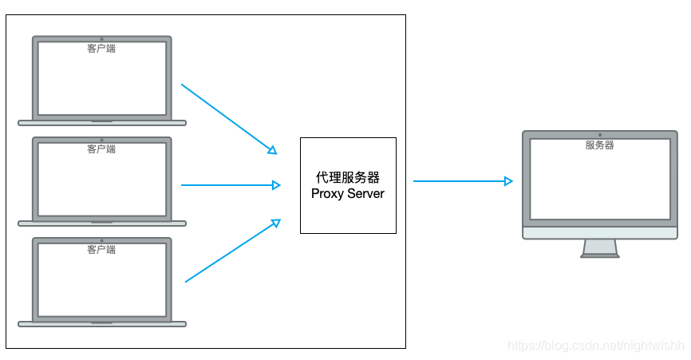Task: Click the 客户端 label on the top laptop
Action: pyautogui.click(x=101, y=48)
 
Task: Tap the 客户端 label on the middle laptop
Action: pyautogui.click(x=101, y=148)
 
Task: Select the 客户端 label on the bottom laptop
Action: pyautogui.click(x=101, y=250)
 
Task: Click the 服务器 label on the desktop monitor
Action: pyautogui.click(x=599, y=145)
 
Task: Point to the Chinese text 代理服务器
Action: pyautogui.click(x=348, y=177)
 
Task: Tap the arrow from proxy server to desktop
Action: pyautogui.click(x=461, y=181)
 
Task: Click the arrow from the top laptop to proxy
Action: pyautogui.click(x=227, y=117)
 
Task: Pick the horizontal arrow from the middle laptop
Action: pyautogui.click(x=230, y=185)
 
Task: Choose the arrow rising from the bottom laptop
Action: pyautogui.click(x=231, y=251)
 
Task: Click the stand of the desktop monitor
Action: pyautogui.click(x=600, y=247)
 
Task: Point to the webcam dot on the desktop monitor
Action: pyautogui.click(x=599, y=135)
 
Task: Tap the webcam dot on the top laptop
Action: pyautogui.click(x=101, y=38)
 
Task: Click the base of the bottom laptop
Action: pyautogui.click(x=101, y=324)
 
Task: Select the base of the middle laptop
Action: pyautogui.click(x=101, y=224)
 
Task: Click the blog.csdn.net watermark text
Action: pyautogui.click(x=596, y=346)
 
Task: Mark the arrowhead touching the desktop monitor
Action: pyautogui.click(x=508, y=181)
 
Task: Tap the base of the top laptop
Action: pyautogui.click(x=101, y=123)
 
